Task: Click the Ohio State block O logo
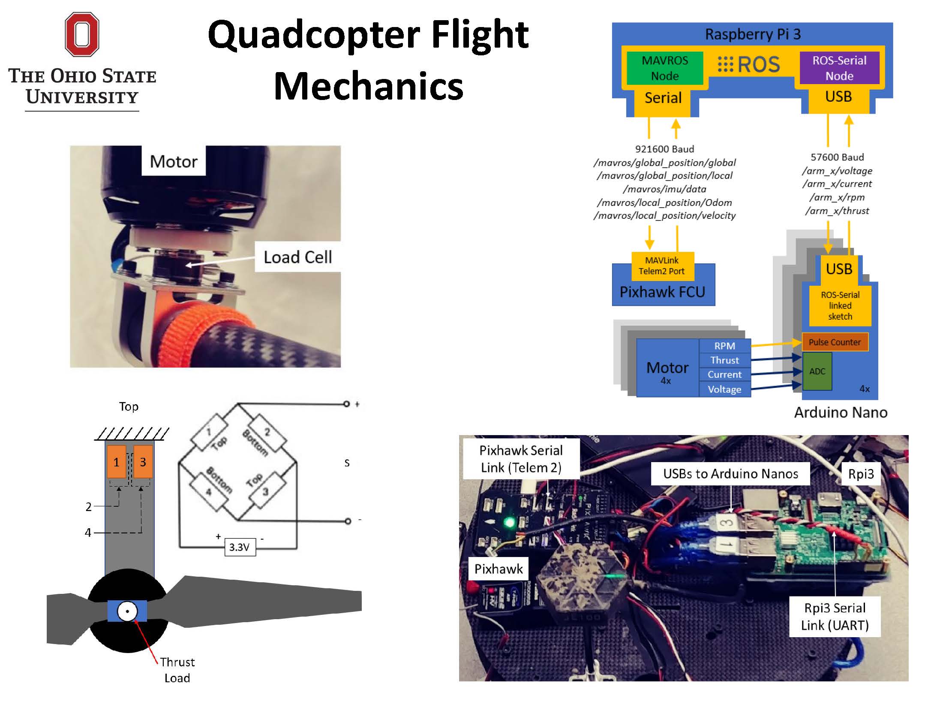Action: click(82, 34)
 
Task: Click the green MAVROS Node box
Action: click(664, 68)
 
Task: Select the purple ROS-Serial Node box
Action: click(839, 68)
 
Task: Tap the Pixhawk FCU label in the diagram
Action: click(662, 292)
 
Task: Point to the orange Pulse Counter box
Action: click(835, 342)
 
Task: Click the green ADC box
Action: click(817, 371)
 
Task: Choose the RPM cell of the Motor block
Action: click(724, 346)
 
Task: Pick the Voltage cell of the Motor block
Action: click(724, 389)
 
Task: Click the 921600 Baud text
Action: click(664, 149)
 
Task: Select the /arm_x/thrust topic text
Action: click(837, 211)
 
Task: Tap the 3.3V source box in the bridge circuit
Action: click(240, 547)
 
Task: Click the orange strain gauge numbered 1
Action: click(116, 462)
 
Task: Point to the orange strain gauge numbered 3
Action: click(143, 462)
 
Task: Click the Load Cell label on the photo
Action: click(297, 257)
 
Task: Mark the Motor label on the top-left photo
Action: click(174, 161)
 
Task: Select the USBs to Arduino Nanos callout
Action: click(730, 474)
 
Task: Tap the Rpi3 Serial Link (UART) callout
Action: click(835, 617)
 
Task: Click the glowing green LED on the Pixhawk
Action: click(509, 522)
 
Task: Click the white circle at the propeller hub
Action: click(127, 611)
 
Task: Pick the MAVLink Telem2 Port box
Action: click(662, 266)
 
